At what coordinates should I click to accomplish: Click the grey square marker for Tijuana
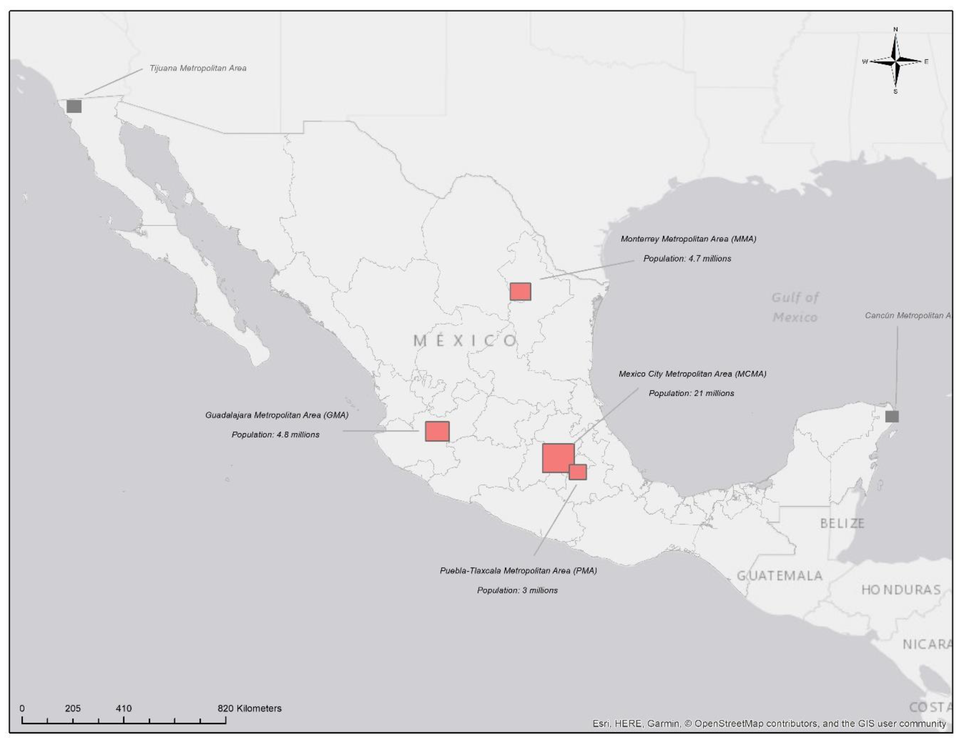click(x=74, y=106)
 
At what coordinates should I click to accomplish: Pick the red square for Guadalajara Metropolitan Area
click(x=437, y=431)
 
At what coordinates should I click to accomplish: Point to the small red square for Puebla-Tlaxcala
click(x=578, y=472)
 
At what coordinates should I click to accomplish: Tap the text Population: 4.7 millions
click(x=687, y=259)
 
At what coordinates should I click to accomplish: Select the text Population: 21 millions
click(x=691, y=393)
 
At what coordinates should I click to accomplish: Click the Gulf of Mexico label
click(x=795, y=307)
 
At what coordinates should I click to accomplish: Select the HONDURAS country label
click(x=901, y=590)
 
